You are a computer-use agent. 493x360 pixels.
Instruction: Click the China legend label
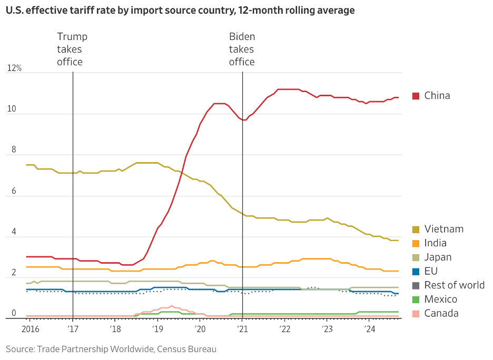pos(437,95)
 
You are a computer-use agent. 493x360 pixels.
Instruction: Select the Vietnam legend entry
pos(443,229)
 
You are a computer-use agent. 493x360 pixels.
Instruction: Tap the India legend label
pos(435,243)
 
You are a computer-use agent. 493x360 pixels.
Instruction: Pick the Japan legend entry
pos(438,257)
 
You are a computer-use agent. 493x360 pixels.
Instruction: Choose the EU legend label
pos(431,271)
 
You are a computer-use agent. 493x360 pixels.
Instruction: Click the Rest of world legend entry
pos(454,285)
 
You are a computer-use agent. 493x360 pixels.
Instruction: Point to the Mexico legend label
pos(440,299)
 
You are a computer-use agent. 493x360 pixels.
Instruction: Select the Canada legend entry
pos(441,313)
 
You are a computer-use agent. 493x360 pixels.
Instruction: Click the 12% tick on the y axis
pos(14,68)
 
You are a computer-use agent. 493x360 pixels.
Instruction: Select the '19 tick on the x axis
pos(157,329)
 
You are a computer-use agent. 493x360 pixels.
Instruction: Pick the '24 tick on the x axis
pos(369,329)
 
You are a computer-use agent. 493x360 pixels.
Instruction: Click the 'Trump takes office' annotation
pos(72,49)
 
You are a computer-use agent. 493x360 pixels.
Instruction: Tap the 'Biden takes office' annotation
pos(242,49)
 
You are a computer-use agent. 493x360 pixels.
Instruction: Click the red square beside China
pos(416,96)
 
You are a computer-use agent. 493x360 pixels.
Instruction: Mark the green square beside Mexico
pos(416,299)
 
